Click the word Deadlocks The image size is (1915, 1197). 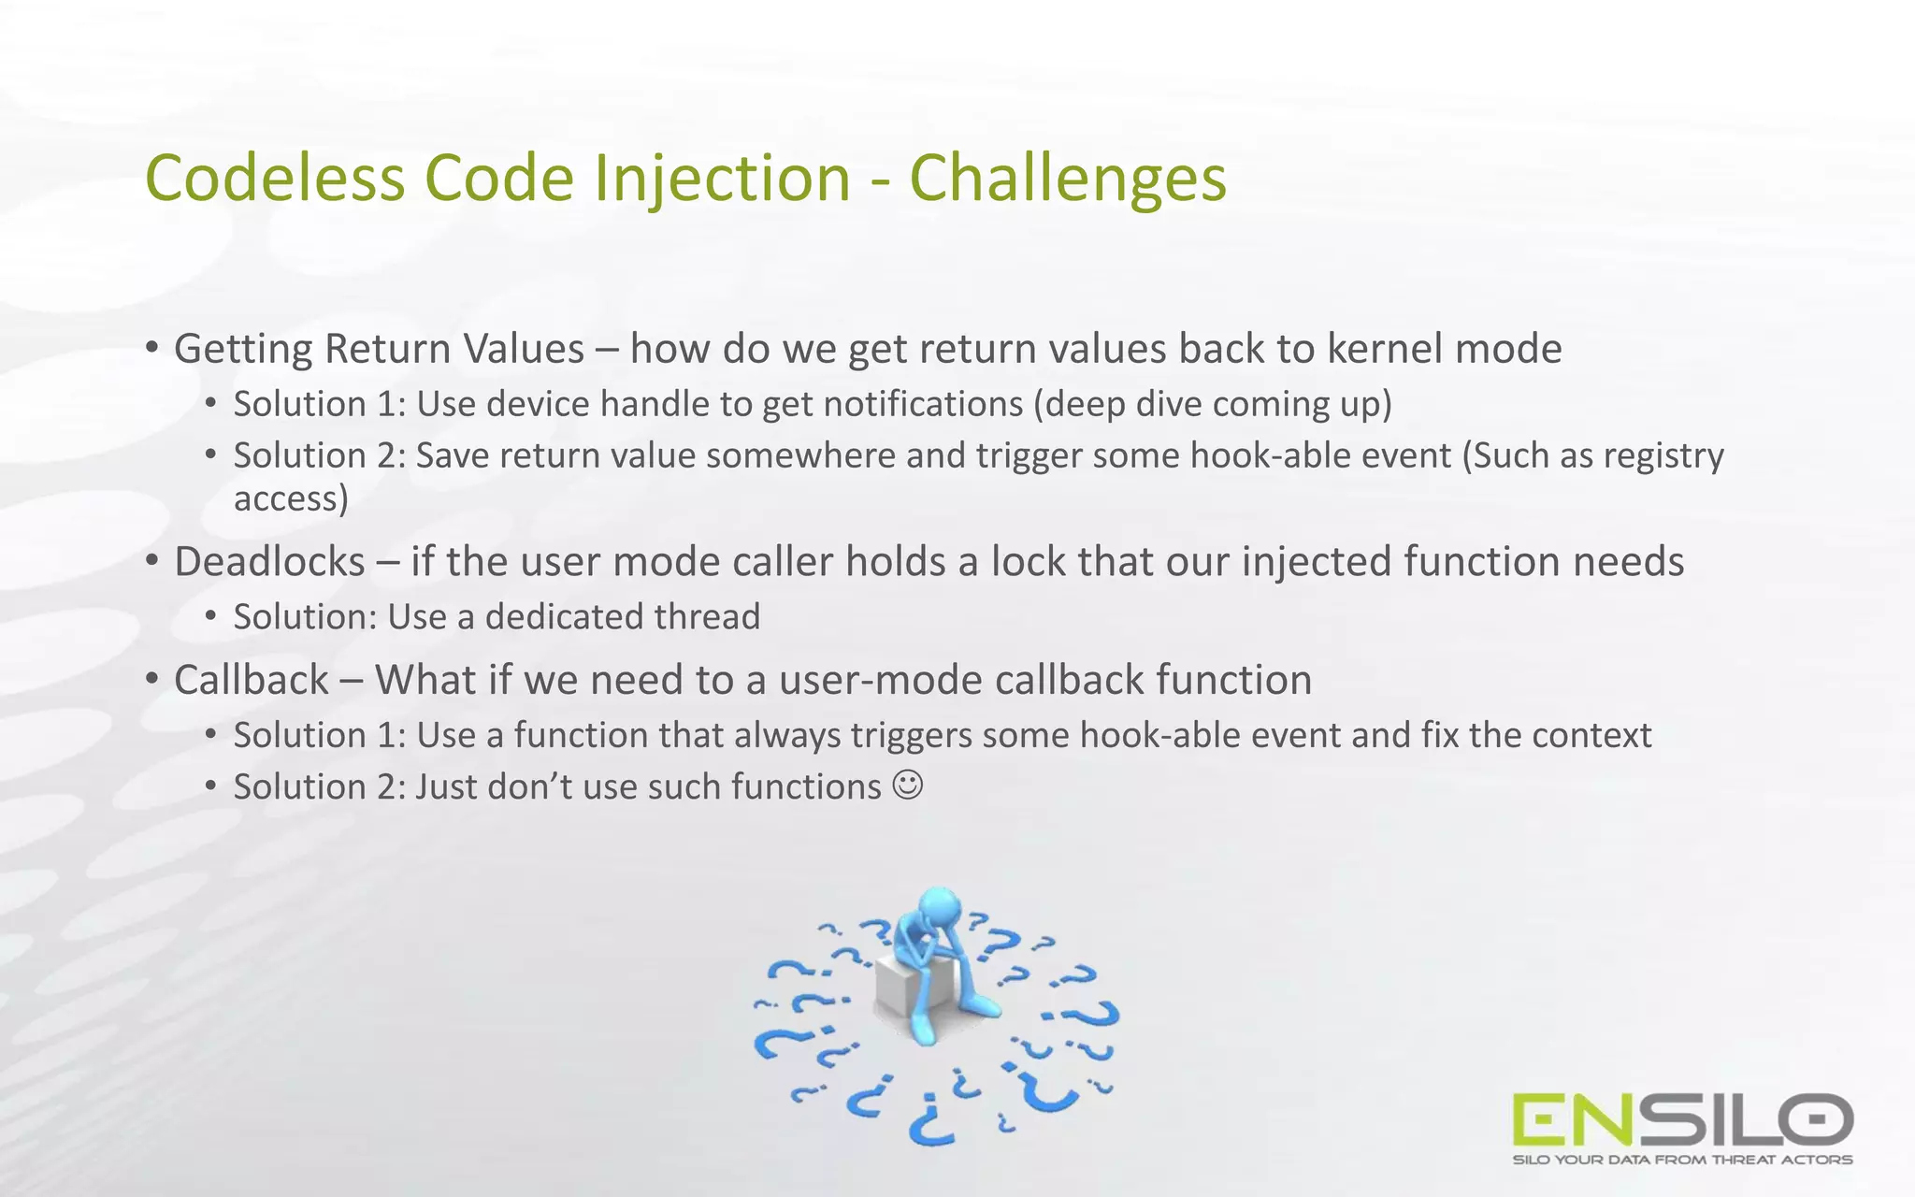pyautogui.click(x=269, y=562)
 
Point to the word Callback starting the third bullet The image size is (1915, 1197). pyautogui.click(x=251, y=680)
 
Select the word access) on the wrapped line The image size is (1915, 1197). pyautogui.click(x=291, y=498)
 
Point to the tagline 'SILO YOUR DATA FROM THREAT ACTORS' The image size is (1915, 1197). pyautogui.click(x=1682, y=1160)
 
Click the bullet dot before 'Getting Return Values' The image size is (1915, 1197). pyautogui.click(x=152, y=348)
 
